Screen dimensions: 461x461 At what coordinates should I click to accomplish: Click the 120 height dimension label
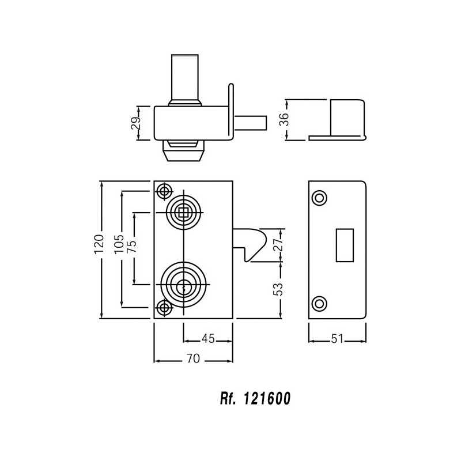pos(99,244)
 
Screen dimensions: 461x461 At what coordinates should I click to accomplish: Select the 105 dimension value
pos(119,244)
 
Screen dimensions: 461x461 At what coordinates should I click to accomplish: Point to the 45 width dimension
pos(208,339)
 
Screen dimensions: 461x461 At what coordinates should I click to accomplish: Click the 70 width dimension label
pos(193,358)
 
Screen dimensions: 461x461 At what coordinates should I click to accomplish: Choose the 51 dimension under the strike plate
pos(337,339)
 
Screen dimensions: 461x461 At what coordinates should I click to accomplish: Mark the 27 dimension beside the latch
pos(277,244)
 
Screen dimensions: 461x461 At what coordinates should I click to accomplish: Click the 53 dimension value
pos(278,289)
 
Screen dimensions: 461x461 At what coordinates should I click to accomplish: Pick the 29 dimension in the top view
pos(136,124)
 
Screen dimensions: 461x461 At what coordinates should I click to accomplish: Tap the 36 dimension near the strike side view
pos(284,119)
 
